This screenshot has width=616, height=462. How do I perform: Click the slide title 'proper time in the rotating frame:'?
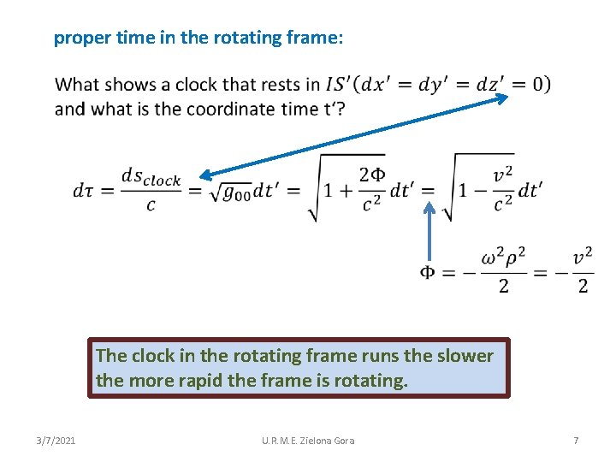tap(198, 38)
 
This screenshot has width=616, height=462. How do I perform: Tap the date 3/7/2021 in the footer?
tap(56, 441)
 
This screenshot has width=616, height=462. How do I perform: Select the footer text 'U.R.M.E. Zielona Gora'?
tap(308, 441)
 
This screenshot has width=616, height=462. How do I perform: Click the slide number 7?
tap(576, 441)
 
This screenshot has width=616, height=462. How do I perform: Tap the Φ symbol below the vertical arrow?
tap(428, 272)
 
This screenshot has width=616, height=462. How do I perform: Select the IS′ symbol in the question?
tap(341, 85)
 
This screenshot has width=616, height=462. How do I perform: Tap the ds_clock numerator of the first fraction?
tap(151, 177)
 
